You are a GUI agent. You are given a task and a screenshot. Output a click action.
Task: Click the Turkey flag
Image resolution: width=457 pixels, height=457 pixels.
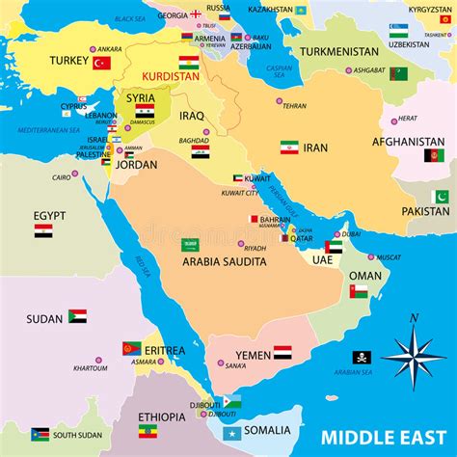(x=101, y=63)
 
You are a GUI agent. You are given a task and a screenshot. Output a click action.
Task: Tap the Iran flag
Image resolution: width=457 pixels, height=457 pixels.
(x=289, y=148)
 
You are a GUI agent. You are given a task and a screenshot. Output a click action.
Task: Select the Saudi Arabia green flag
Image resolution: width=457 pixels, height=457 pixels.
(x=191, y=245)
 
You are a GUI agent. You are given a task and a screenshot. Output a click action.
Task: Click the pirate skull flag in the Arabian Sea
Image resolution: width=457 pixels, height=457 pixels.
(x=362, y=357)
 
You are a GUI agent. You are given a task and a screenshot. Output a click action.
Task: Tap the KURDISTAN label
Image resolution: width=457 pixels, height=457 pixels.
(x=170, y=75)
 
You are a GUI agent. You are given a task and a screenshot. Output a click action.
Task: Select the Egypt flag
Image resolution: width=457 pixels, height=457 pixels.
(x=43, y=231)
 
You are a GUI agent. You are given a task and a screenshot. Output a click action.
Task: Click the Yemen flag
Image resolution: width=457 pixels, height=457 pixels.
(x=282, y=353)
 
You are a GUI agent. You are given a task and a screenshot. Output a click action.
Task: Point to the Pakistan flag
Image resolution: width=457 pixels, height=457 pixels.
(x=441, y=197)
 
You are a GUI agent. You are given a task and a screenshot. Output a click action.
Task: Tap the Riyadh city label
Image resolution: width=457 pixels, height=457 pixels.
(x=255, y=248)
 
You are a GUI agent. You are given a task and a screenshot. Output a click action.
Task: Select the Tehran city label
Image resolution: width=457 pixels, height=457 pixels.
(x=294, y=106)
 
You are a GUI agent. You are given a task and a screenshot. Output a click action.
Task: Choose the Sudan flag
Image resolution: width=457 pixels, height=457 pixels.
(x=77, y=315)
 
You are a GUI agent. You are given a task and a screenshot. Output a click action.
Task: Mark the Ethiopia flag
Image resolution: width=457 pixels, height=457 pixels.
(x=148, y=431)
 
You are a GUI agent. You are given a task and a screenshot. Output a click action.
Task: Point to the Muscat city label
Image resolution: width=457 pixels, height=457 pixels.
(x=389, y=257)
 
